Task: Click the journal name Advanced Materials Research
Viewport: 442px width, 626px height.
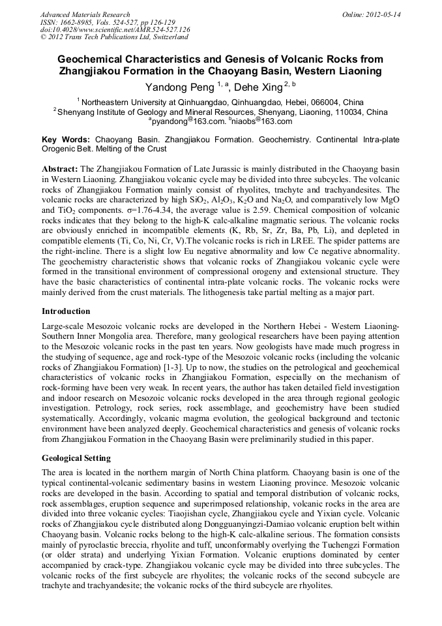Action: click(x=85, y=14)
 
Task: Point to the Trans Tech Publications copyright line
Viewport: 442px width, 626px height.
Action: click(x=109, y=37)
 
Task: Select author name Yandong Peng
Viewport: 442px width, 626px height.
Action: click(x=179, y=86)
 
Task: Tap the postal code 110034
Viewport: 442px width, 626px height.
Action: click(x=347, y=112)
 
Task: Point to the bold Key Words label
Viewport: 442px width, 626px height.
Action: click(x=66, y=140)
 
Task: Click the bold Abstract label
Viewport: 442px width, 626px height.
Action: click(x=60, y=168)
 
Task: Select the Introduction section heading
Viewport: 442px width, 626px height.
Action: click(x=66, y=311)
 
